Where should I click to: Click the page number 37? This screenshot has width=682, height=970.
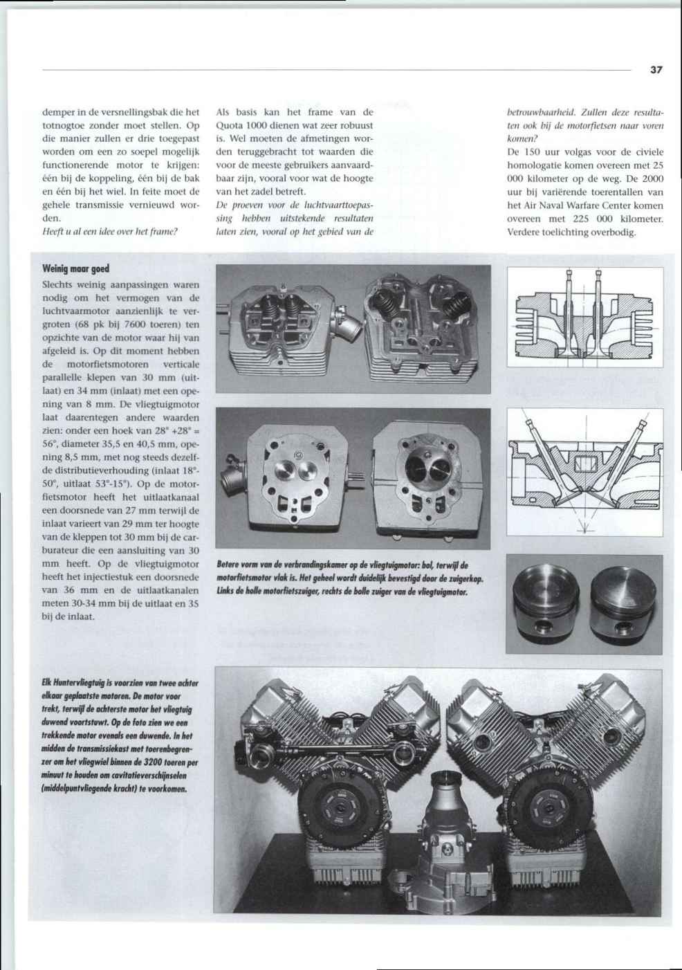tap(656, 70)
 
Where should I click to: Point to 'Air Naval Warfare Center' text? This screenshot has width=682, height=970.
tap(566, 205)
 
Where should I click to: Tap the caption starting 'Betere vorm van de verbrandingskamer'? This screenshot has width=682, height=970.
tap(349, 578)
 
